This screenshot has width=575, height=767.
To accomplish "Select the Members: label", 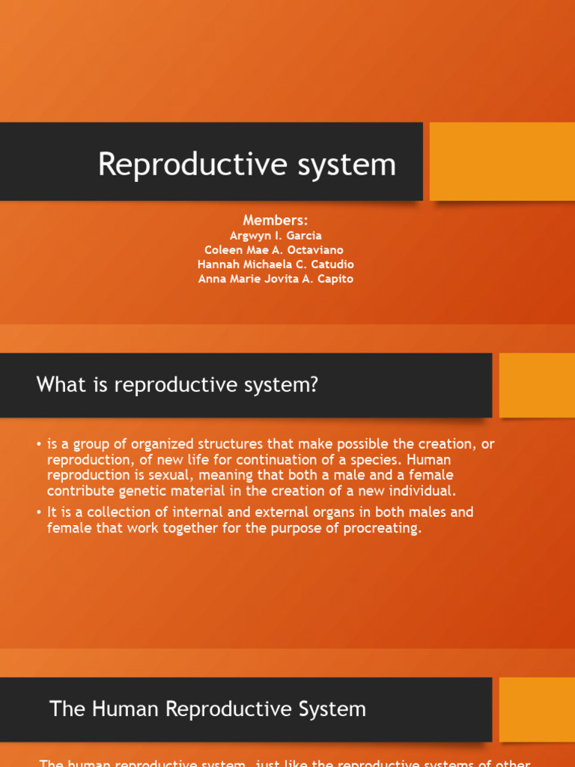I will (276, 219).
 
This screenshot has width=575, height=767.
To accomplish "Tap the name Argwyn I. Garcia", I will (276, 236).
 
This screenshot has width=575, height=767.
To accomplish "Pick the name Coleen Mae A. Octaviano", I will (275, 250).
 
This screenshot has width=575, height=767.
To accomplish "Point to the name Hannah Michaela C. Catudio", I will (276, 264).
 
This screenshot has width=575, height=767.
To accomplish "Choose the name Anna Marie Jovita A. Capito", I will (276, 279).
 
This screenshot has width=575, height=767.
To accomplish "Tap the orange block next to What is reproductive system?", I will (536, 385).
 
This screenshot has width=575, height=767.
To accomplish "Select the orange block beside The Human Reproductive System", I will (536, 709).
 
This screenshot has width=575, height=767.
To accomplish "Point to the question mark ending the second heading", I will (314, 386).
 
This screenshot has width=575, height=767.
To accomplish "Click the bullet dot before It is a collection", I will (38, 513).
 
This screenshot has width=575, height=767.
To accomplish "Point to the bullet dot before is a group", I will (38, 445).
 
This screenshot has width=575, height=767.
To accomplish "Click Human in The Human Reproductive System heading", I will (119, 709).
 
